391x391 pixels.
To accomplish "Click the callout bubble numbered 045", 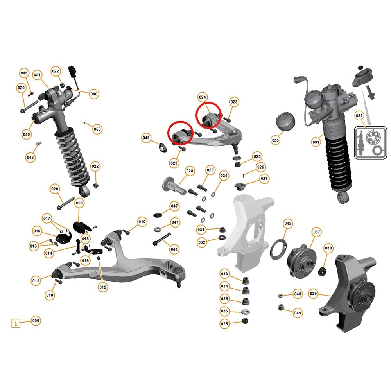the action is (24, 73).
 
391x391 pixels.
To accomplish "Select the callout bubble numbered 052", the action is (359, 115).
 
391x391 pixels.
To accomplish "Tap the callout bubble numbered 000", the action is (36, 321).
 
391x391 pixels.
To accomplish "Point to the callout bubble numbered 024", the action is (202, 97).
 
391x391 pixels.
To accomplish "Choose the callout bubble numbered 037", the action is (316, 232).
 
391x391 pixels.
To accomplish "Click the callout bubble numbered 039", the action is (313, 294).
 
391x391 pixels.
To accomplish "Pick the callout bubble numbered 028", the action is (190, 171).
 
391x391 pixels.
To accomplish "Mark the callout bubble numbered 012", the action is (103, 287).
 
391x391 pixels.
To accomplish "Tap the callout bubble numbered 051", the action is (316, 142).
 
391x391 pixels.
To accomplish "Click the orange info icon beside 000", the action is (16, 323).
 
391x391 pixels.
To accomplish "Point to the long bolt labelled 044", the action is (161, 239).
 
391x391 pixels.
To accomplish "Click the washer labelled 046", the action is (163, 148).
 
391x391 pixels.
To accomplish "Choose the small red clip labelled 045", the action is (30, 94).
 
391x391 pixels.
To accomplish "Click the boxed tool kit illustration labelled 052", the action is (371, 142).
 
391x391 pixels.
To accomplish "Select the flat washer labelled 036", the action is (245, 312).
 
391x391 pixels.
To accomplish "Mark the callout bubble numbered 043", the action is (30, 157).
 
